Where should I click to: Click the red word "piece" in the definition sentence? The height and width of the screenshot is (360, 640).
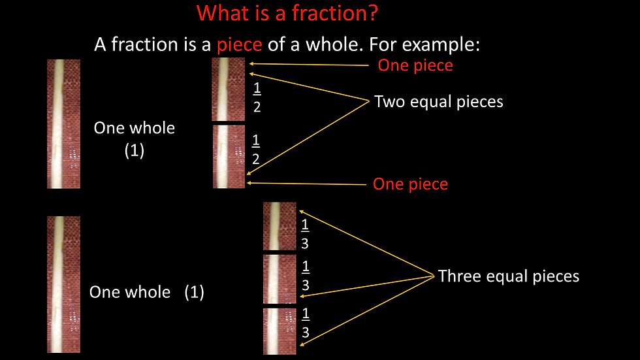pos(240,44)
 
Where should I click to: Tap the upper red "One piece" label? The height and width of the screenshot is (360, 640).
pos(415,65)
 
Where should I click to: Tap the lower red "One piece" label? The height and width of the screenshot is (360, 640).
pos(410,184)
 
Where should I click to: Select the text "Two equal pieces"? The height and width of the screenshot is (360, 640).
pos(438,102)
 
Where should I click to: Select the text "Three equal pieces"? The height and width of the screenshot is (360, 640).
pos(508,276)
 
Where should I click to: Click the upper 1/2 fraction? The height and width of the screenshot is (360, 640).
pos(257,97)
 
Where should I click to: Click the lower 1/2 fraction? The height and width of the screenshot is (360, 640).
pos(256,150)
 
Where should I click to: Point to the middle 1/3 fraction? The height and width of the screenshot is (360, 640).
pos(306,276)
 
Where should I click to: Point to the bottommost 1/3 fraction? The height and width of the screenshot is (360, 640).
pos(305,323)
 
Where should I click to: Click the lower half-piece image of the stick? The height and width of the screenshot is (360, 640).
pos(229,157)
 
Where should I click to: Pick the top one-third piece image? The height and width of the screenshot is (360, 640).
pos(280,226)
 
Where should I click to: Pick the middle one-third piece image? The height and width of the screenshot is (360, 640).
pos(280,279)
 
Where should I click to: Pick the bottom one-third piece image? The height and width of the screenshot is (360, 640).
pos(280,331)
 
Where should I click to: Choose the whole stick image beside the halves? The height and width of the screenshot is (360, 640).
pos(63,124)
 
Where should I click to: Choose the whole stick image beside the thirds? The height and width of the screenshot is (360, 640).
pos(63,285)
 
